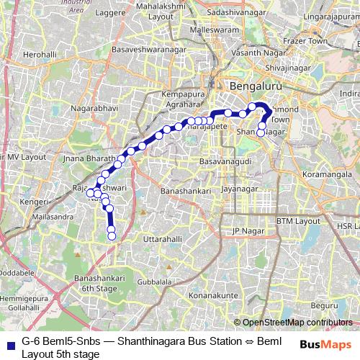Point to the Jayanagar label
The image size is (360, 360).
pos(238,189)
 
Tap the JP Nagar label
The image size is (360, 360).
pos(245,231)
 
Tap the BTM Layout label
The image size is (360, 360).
pos(297,221)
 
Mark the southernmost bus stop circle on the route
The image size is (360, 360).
pos(112,236)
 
